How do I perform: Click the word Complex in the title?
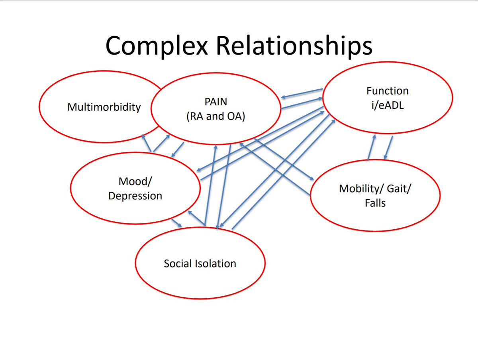click(157, 46)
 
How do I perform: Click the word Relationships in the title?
click(294, 46)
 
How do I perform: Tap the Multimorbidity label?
click(104, 107)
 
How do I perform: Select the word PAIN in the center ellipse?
click(216, 102)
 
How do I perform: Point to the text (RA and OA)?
click(216, 116)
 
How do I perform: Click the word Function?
click(388, 91)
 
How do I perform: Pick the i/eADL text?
click(388, 105)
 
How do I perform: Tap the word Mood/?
click(135, 181)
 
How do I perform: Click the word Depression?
click(135, 196)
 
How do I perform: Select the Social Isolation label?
click(200, 264)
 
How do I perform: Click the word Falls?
click(375, 203)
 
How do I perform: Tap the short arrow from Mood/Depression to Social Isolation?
click(176, 223)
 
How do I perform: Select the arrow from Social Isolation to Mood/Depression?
click(196, 218)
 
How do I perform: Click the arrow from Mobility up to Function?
click(372, 148)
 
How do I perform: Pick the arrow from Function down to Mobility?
click(388, 148)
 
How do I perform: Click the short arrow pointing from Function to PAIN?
click(302, 93)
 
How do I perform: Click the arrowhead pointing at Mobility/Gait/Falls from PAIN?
click(312, 179)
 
